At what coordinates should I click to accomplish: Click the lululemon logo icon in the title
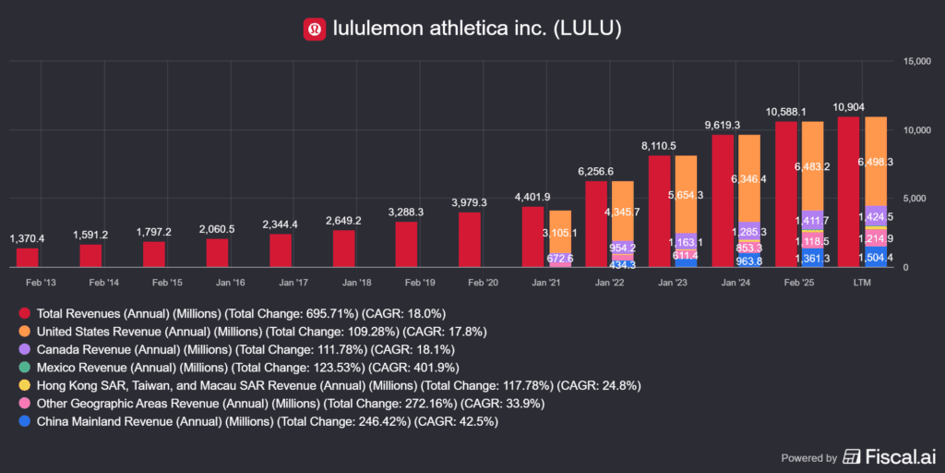(315, 30)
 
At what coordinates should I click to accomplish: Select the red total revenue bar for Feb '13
(28, 258)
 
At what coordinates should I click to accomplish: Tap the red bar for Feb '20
(470, 240)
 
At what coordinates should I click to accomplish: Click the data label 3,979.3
(470, 203)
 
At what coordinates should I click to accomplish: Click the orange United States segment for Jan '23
(687, 194)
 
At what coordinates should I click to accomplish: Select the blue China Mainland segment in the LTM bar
(877, 258)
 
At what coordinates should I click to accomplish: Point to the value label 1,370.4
(28, 239)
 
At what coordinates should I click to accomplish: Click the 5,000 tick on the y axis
(913, 199)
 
